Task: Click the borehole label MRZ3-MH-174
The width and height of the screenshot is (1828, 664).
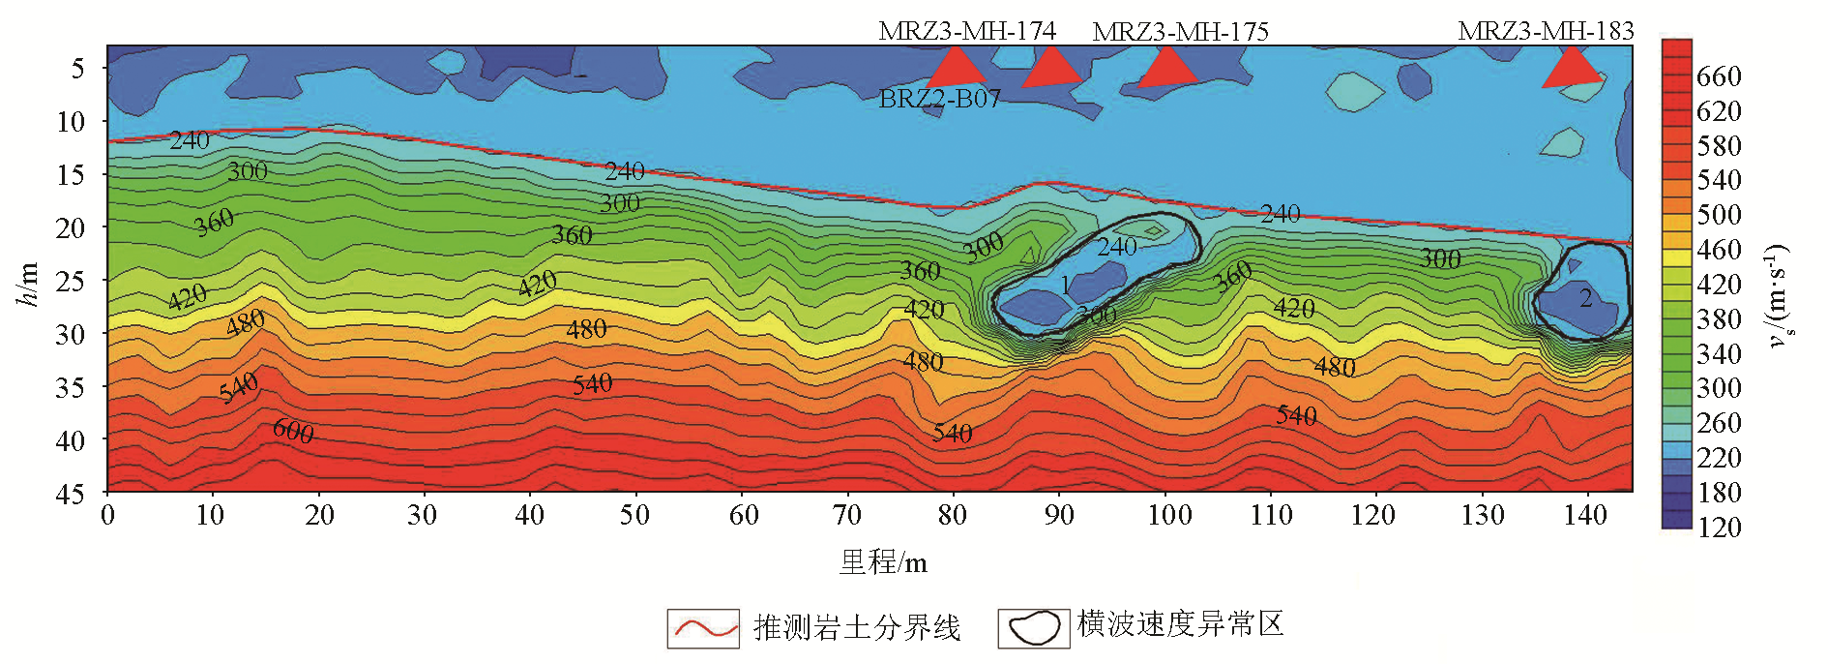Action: point(966,31)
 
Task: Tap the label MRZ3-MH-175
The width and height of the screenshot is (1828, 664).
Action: point(1180,32)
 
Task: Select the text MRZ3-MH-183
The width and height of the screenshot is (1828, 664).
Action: point(1546,31)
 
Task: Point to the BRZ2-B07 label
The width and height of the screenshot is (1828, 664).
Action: point(939,99)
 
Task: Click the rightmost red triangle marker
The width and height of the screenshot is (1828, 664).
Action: point(1570,68)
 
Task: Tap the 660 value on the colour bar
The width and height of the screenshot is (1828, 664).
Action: point(1719,76)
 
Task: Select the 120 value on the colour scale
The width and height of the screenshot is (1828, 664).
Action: point(1719,528)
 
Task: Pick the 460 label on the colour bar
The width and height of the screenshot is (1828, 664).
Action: point(1719,250)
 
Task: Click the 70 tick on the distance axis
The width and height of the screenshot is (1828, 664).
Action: point(847,515)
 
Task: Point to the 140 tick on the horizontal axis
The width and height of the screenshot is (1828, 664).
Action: point(1585,515)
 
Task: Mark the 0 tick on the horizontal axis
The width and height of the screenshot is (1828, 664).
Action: point(107,515)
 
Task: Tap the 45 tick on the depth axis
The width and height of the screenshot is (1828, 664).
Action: point(70,494)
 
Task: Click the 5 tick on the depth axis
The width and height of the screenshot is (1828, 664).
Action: point(77,68)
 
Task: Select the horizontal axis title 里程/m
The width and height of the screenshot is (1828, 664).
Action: point(882,562)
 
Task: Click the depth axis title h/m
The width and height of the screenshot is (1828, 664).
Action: point(28,284)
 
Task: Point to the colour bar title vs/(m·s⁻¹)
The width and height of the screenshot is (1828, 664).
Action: point(1778,295)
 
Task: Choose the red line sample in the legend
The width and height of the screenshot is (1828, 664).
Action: point(703,628)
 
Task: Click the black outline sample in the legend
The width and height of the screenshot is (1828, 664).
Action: point(1034,628)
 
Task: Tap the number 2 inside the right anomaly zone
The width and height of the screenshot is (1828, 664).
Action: point(1585,298)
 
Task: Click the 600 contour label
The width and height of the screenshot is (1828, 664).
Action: point(293,431)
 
